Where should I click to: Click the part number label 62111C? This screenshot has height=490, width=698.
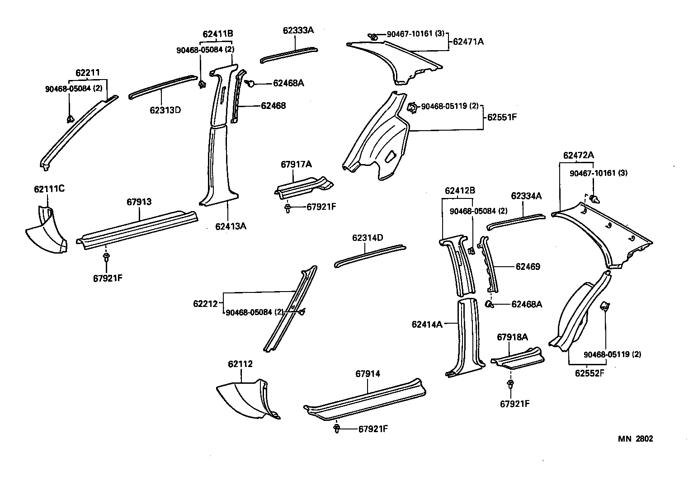pyautogui.click(x=49, y=189)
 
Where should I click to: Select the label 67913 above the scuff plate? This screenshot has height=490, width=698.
pyautogui.click(x=139, y=202)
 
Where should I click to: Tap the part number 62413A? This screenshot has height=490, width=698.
pyautogui.click(x=231, y=226)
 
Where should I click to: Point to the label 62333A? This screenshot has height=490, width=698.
pyautogui.click(x=298, y=30)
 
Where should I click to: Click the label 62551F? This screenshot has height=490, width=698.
pyautogui.click(x=502, y=117)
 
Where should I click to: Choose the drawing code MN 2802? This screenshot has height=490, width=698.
pyautogui.click(x=636, y=439)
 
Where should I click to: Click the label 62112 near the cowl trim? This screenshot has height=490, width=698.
pyautogui.click(x=240, y=364)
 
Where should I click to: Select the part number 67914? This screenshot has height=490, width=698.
pyautogui.click(x=368, y=373)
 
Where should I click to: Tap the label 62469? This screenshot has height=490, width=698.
pyautogui.click(x=528, y=267)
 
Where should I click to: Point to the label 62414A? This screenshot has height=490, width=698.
pyautogui.click(x=427, y=324)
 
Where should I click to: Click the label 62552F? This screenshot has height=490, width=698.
pyautogui.click(x=590, y=373)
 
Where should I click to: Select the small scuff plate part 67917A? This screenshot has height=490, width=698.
pyautogui.click(x=303, y=185)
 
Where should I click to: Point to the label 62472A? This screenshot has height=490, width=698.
pyautogui.click(x=578, y=155)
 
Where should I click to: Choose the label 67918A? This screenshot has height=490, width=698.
pyautogui.click(x=512, y=337)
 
